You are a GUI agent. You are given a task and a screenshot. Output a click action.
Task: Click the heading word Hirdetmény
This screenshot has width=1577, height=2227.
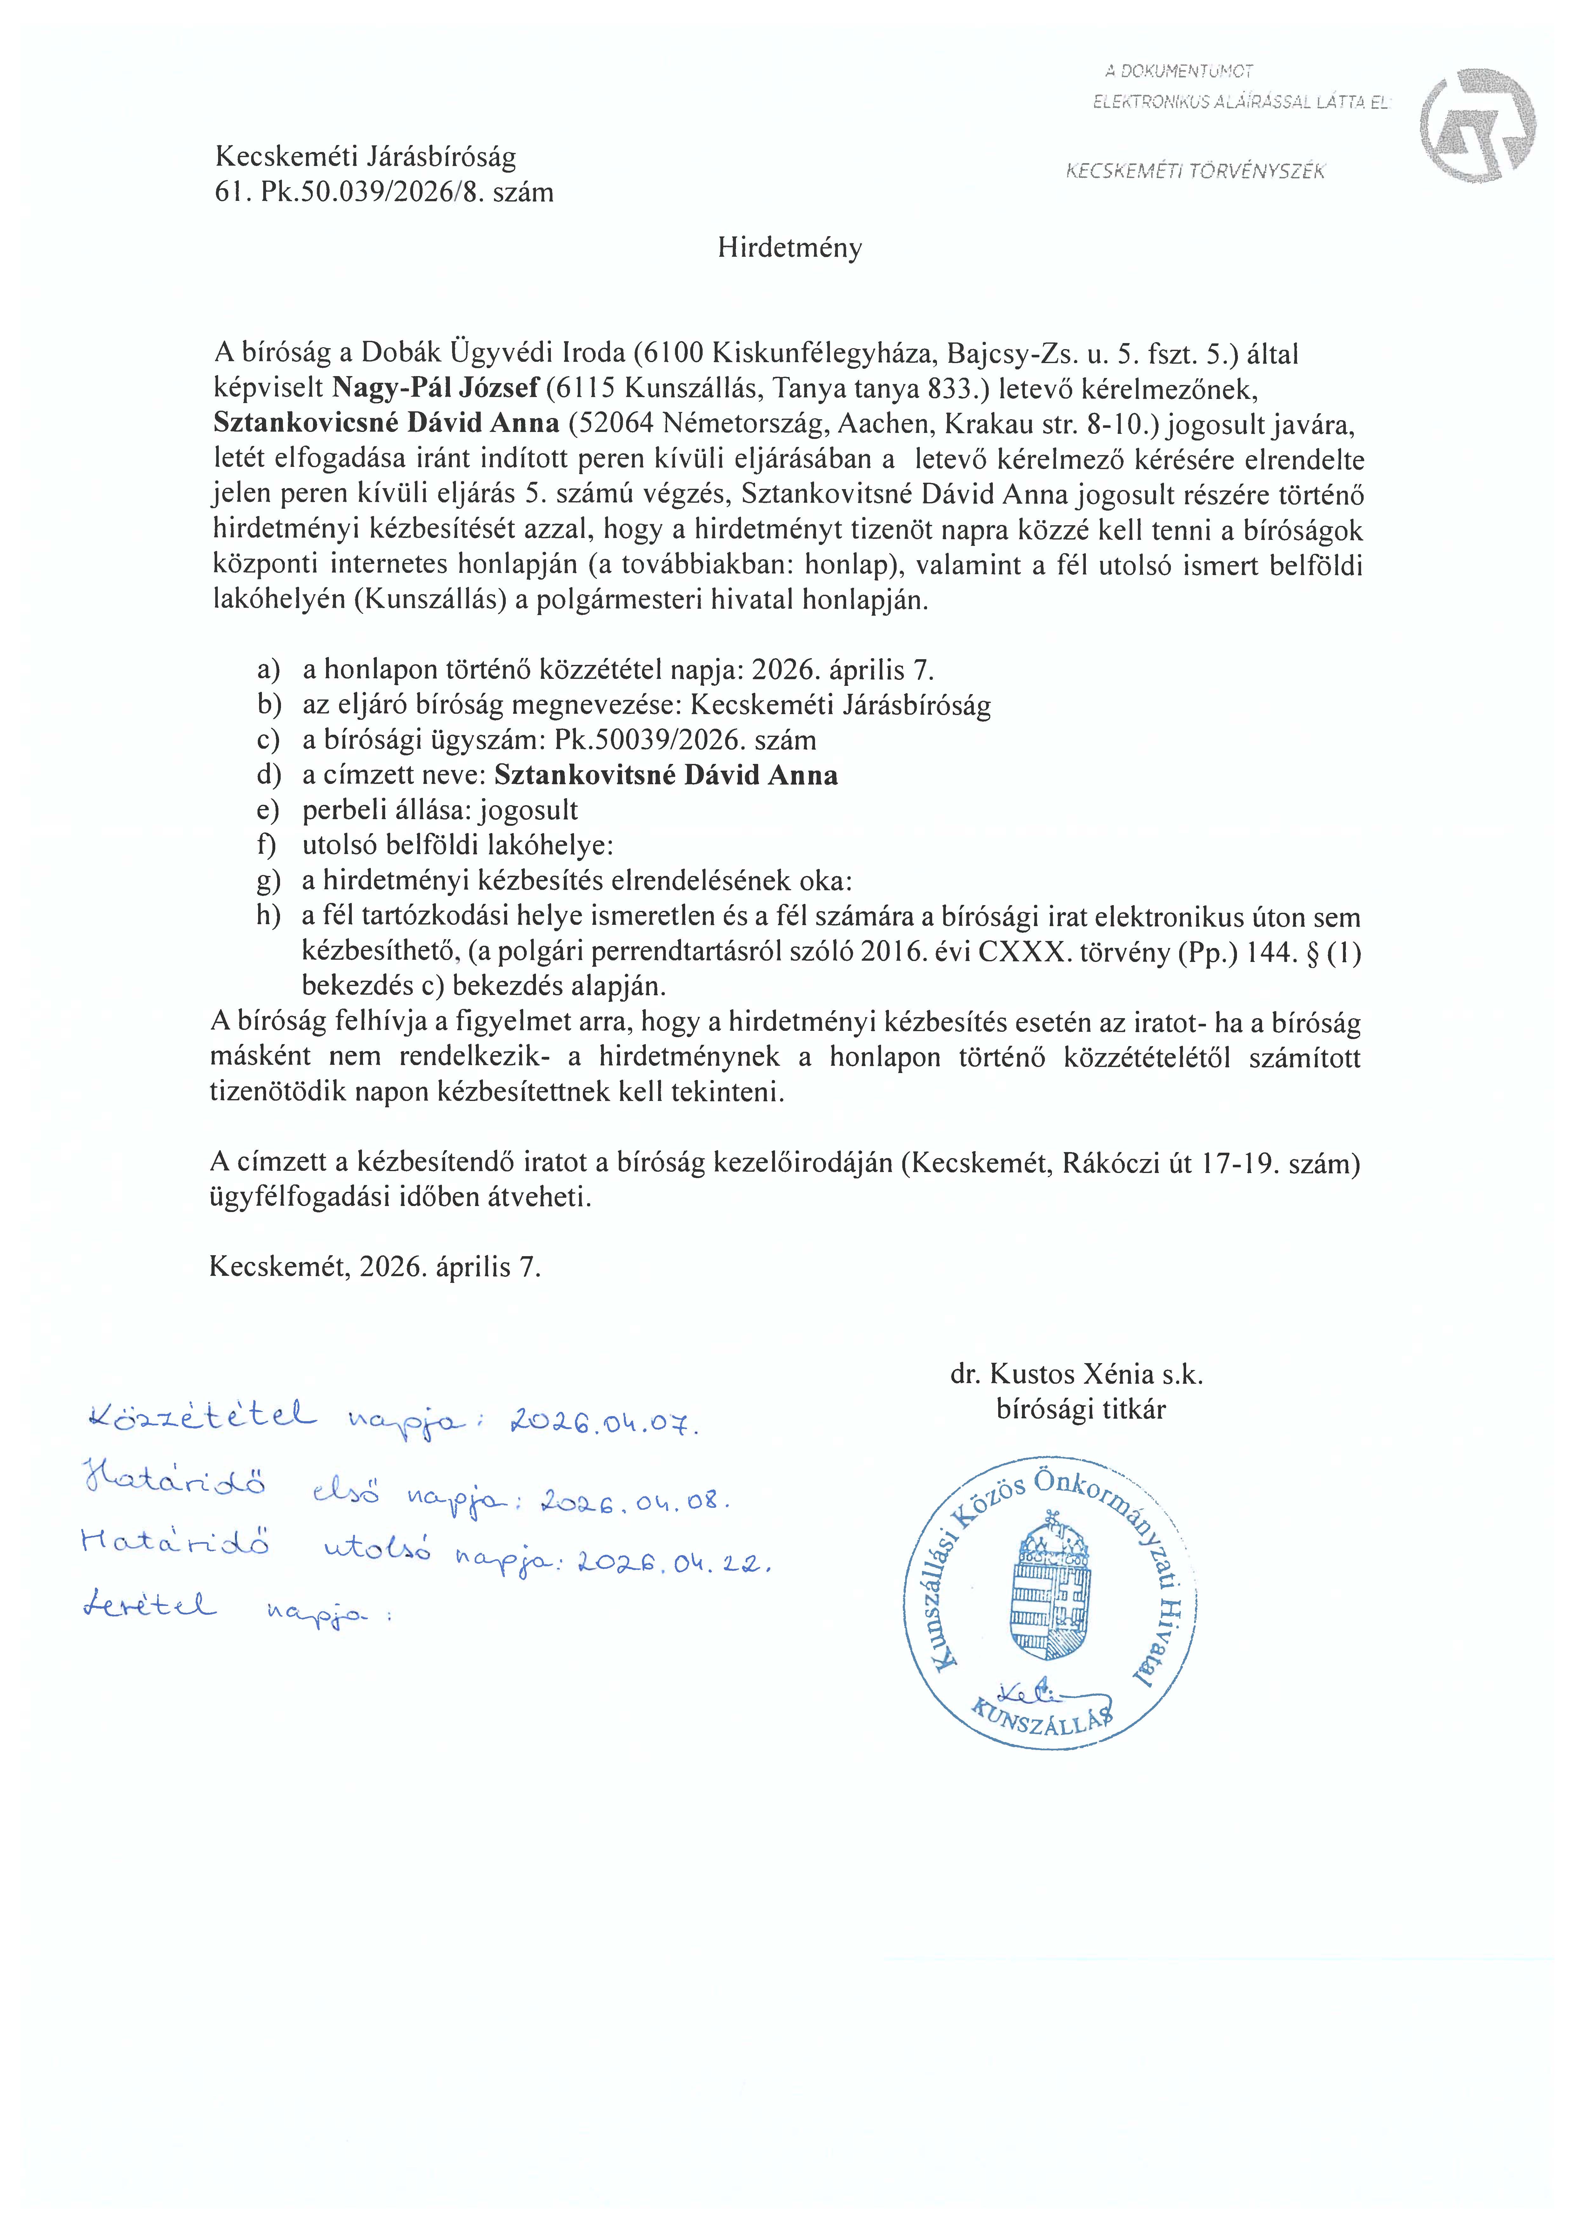coord(790,249)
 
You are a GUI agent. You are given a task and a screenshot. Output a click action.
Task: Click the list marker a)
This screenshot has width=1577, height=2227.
coord(268,670)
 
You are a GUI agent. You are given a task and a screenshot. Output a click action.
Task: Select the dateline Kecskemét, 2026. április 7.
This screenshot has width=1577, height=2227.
coord(375,1267)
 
